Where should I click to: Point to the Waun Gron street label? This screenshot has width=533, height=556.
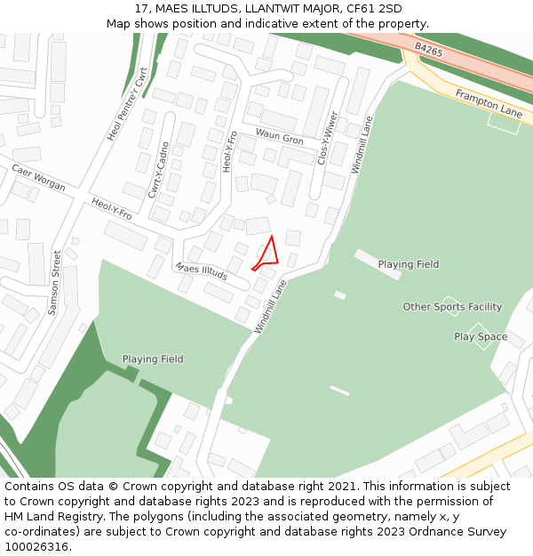279,140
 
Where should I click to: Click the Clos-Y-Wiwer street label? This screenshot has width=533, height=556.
327,138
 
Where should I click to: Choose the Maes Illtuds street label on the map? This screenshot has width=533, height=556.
201,272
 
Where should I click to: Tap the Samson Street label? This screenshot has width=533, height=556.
56,282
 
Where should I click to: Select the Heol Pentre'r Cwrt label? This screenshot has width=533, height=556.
127,106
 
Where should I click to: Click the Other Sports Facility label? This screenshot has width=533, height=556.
452,307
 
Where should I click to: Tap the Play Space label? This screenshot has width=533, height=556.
481,337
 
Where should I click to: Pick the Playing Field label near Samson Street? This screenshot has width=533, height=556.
153,359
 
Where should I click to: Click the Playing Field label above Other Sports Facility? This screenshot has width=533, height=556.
408,264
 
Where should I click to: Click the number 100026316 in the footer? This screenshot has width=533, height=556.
36,546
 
